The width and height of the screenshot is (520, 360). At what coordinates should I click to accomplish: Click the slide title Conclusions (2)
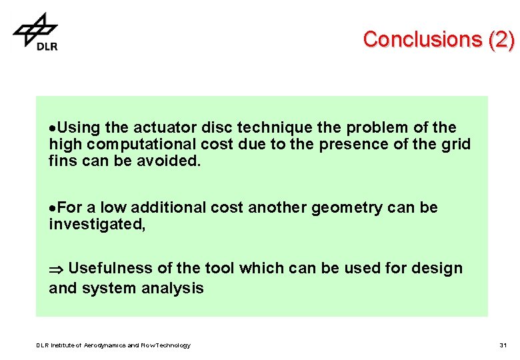tap(439, 40)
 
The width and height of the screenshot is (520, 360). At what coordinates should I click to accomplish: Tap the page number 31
tap(503, 345)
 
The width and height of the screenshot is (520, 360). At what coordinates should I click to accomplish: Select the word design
tap(437, 268)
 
